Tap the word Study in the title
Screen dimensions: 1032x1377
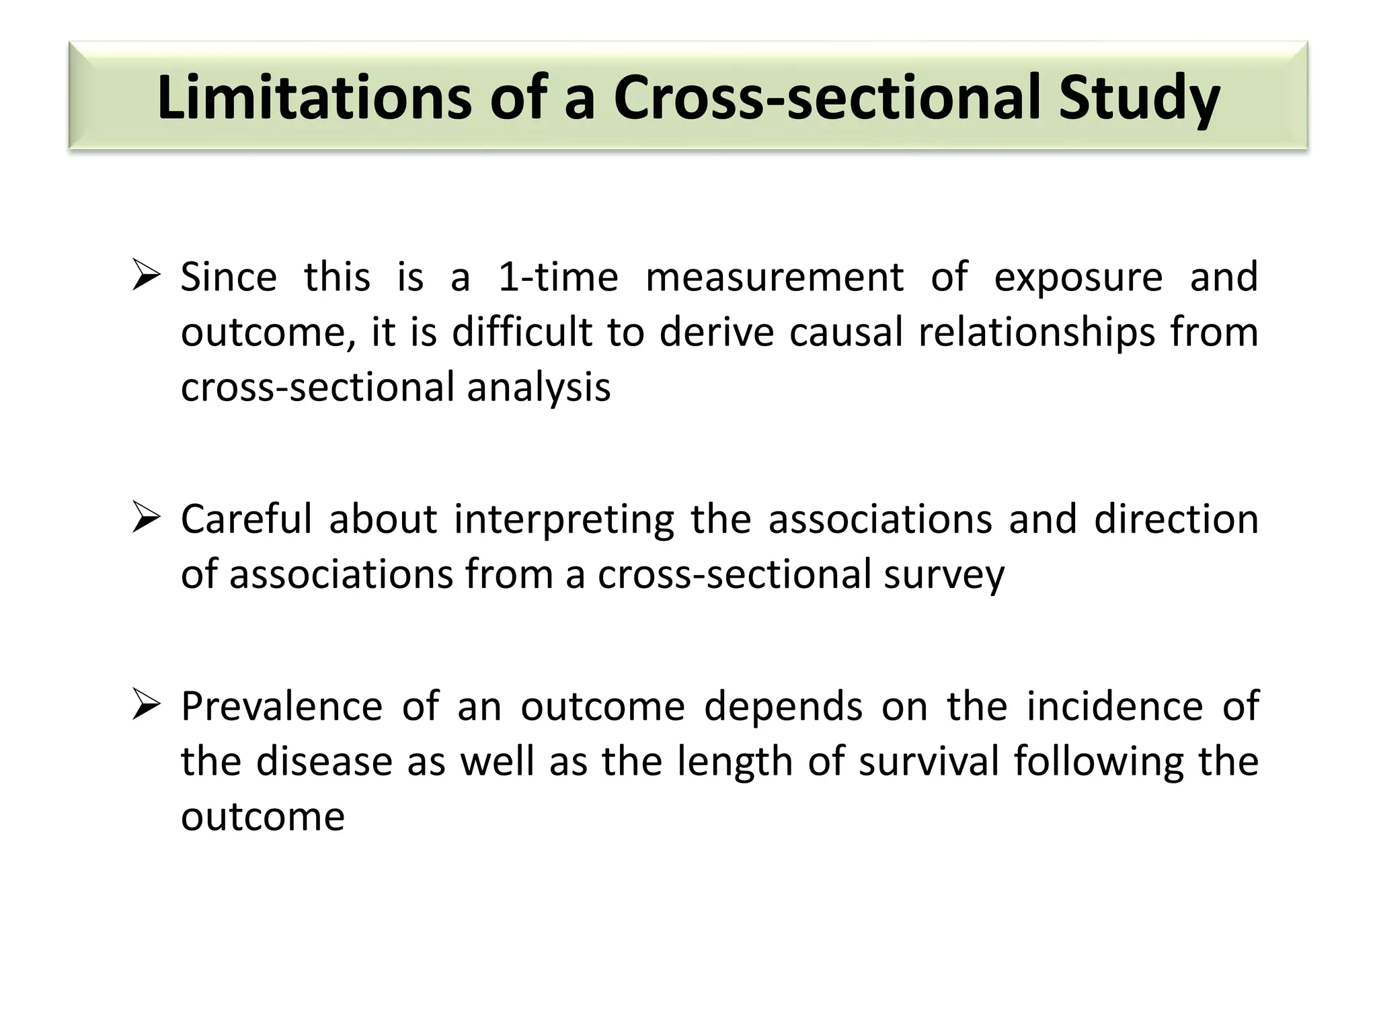point(1139,99)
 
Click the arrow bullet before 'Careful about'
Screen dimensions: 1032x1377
point(145,519)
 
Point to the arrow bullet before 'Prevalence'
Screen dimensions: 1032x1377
point(145,706)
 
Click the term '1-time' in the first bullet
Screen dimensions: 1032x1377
point(557,277)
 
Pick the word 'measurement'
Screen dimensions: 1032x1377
point(775,277)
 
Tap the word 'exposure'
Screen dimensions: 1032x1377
point(1078,278)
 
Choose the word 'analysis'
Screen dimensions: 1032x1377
point(539,388)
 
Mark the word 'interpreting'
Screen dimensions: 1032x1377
point(564,520)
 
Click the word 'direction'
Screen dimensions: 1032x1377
point(1176,519)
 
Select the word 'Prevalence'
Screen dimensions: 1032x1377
point(281,706)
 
